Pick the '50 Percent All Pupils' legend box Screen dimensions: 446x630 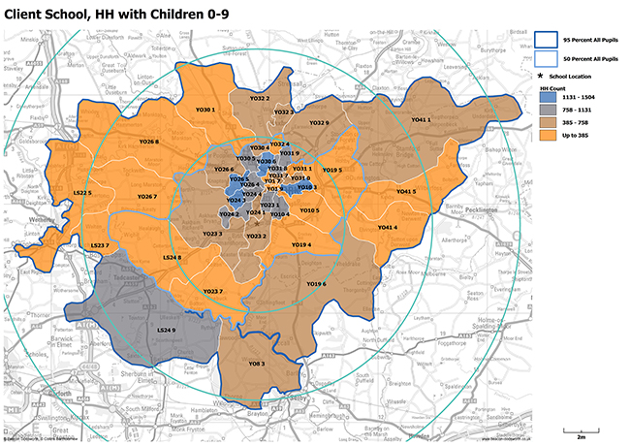coord(545,60)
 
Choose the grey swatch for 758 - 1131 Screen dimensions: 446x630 coord(548,111)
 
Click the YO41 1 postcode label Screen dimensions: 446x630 coord(422,119)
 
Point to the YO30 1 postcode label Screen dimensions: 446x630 coord(204,110)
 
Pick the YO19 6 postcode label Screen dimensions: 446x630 coord(316,283)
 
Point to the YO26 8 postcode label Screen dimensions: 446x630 coord(149,142)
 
